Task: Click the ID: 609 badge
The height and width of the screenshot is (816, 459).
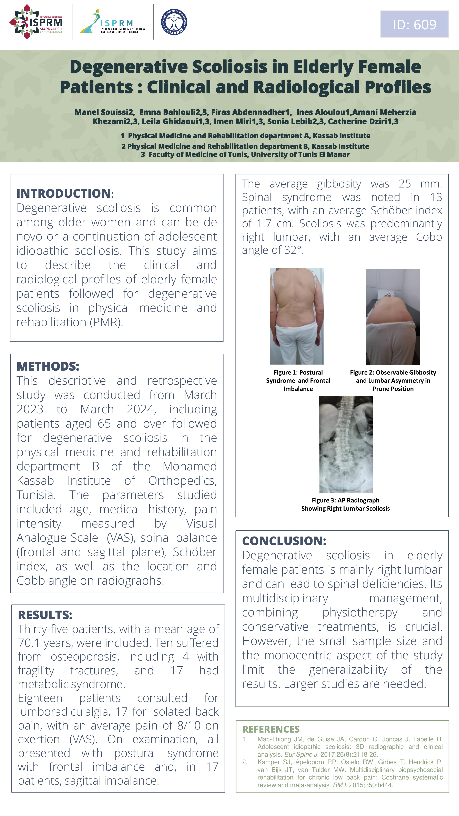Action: coord(414,24)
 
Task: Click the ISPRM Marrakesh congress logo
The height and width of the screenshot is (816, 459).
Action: coord(36,22)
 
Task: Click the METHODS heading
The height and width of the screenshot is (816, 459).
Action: coord(48,366)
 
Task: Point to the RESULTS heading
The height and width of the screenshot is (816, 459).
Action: coord(45,615)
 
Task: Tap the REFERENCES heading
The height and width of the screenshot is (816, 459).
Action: coord(271,729)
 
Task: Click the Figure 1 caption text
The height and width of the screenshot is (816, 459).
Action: coord(298,380)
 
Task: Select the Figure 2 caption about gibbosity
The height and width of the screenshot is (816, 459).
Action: coord(393,380)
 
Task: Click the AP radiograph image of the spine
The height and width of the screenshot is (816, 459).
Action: coord(345,445)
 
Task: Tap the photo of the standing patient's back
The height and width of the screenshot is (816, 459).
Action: coord(297,316)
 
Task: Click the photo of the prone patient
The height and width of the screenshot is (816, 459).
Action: coord(393,317)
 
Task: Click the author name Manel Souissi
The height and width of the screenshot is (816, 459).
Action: coord(104,112)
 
